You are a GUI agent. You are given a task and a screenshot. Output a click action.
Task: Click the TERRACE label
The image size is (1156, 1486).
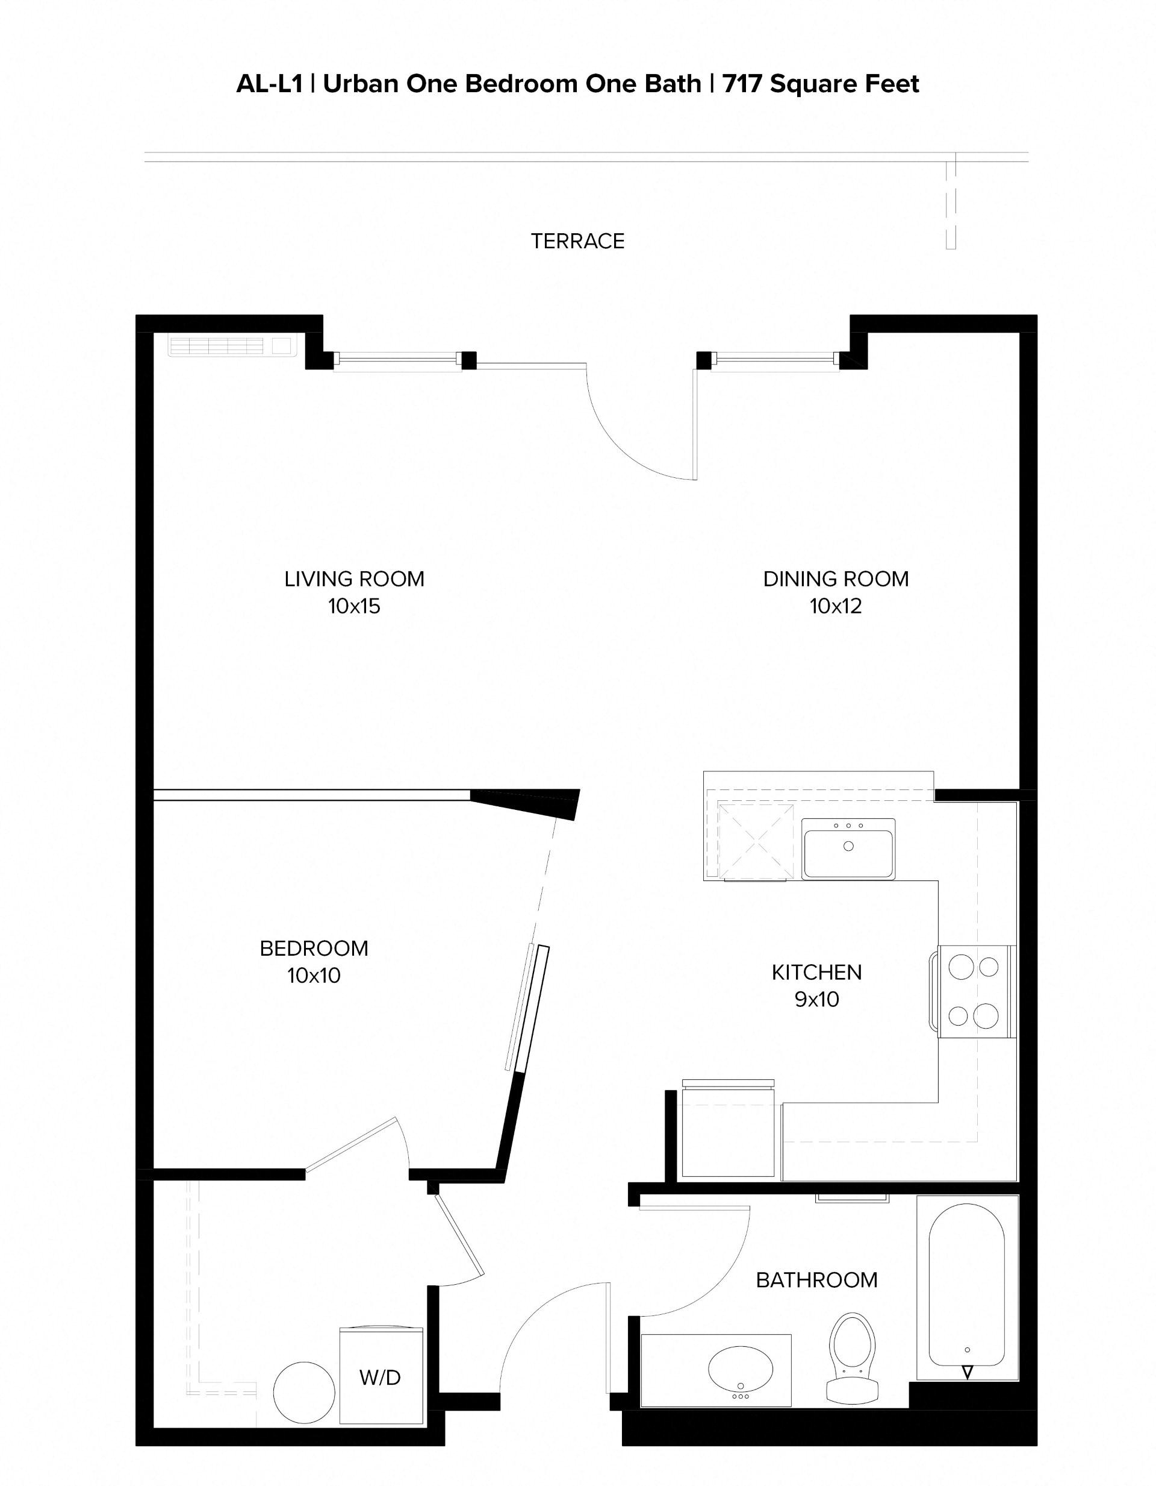pos(577,241)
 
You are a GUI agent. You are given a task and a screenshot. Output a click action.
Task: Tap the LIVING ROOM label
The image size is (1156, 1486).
pos(354,579)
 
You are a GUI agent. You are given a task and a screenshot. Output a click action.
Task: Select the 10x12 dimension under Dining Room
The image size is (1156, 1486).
pos(835,606)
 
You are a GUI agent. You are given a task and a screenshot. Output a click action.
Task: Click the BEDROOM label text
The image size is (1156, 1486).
pos(314,948)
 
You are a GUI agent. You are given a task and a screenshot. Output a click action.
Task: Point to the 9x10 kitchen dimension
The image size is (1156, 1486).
pos(816,1000)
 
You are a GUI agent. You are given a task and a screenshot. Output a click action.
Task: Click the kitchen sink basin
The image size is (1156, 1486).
pos(848,849)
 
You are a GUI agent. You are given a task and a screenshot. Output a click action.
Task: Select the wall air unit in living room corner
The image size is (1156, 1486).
pos(232,346)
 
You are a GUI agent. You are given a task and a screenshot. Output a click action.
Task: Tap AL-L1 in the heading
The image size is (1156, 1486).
pos(269,84)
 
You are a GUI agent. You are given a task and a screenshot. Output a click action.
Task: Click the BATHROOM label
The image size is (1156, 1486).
pos(816,1281)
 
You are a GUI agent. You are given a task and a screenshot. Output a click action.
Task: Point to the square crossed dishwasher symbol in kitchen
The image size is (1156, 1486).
pos(756,842)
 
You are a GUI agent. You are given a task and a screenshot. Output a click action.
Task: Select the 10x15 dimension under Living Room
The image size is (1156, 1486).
pos(354,606)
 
